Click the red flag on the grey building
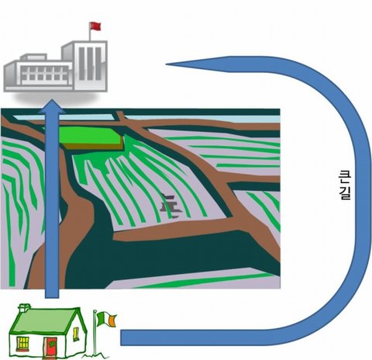(x=95, y=26)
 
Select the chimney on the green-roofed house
(x=24, y=308)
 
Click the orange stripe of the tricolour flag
(x=112, y=320)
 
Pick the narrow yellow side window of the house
(x=75, y=334)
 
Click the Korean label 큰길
(x=345, y=185)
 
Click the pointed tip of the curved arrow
(x=167, y=64)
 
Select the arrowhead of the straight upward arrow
(x=52, y=106)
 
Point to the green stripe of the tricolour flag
(x=100, y=318)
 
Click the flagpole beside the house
(x=95, y=333)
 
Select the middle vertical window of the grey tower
(x=90, y=64)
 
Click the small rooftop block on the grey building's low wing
(x=33, y=57)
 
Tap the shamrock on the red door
(x=52, y=344)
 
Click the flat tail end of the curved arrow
(x=121, y=337)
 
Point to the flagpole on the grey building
(x=90, y=32)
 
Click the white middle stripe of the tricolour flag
(x=106, y=319)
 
